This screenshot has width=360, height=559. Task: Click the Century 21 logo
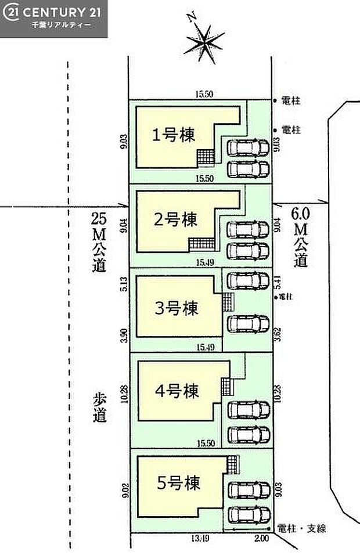[53, 19]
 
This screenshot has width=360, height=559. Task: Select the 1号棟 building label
[174, 135]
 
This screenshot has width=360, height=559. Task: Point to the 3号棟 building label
[176, 306]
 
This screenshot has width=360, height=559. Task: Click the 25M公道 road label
[98, 242]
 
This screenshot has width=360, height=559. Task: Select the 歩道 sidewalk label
[99, 408]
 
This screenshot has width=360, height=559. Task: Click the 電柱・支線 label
[303, 528]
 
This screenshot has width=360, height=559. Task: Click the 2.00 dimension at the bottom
[261, 539]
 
